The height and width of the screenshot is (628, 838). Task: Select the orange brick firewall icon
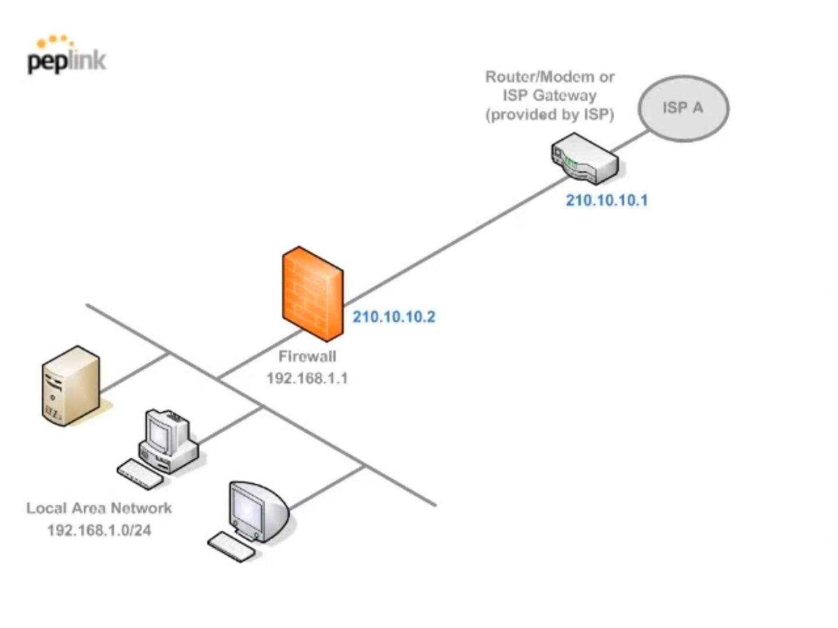point(313,294)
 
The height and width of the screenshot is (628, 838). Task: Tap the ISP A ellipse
point(683,108)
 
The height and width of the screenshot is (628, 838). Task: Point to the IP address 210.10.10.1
point(606,201)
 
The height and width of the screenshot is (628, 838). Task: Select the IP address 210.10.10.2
point(394,317)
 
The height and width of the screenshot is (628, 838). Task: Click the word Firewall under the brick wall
point(307,356)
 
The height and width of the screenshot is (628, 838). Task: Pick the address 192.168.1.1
point(307,379)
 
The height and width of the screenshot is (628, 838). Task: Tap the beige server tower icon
point(71,386)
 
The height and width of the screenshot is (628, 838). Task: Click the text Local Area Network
point(99,508)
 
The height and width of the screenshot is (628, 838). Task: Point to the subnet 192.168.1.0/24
point(99,530)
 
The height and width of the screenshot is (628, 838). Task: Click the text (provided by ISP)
point(550,115)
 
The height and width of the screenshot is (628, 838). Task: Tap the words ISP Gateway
point(550,95)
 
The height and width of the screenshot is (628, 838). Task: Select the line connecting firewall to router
point(454,238)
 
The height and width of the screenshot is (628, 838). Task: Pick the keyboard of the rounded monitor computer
point(232,547)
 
